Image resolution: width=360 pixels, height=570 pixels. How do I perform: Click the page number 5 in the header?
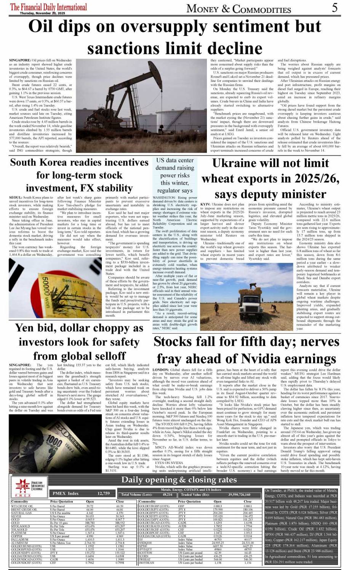pyautogui.click(x=334, y=8)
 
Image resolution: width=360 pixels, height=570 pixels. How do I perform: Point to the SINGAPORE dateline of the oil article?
pyautogui.click(x=20, y=60)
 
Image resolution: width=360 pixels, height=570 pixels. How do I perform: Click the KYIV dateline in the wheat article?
pyautogui.click(x=206, y=205)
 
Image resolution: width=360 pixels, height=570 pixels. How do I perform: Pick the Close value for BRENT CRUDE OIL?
pyautogui.click(x=120, y=509)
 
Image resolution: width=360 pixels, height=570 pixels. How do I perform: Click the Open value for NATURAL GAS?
pyautogui.click(x=90, y=513)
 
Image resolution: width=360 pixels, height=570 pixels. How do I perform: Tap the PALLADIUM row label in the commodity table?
pyautogui.click(x=19, y=539)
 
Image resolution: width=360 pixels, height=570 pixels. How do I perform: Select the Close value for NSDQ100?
pyautogui.click(x=248, y=543)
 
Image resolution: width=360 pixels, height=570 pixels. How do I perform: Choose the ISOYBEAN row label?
pyautogui.click(x=147, y=563)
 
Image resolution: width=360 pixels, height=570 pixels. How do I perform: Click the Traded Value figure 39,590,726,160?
pyautogui.click(x=239, y=495)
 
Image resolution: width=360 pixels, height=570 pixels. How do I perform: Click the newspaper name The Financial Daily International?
pyautogui.click(x=48, y=7)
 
